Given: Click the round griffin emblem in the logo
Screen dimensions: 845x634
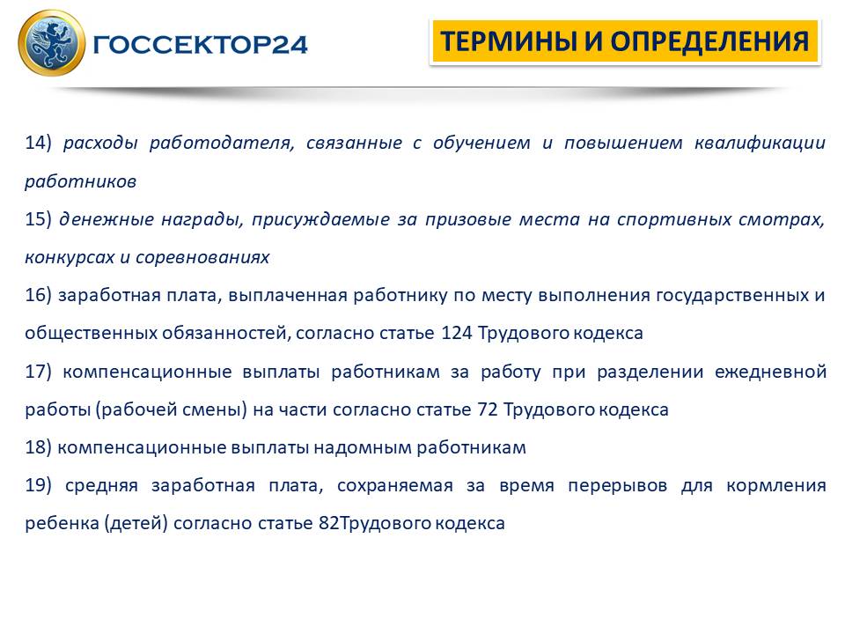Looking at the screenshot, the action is [52, 42].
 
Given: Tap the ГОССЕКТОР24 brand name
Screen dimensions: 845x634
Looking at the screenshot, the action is [200, 45].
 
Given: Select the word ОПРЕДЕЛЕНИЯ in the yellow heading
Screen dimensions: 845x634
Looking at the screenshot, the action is [709, 41].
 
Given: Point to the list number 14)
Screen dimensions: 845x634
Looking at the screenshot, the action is [38, 143].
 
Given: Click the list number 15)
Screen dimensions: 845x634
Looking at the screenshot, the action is [38, 219].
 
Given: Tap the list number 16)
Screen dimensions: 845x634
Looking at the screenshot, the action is [38, 296].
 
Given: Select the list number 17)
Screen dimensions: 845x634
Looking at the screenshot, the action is [38, 372].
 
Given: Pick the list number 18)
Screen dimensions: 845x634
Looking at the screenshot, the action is [38, 447].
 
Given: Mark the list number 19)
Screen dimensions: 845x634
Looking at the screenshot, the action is [38, 486].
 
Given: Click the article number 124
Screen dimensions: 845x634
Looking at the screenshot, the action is [457, 333].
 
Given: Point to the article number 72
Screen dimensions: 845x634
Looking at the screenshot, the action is [487, 409].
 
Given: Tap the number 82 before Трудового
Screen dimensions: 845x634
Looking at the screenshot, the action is [328, 523].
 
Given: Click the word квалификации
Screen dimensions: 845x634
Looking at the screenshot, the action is [760, 144].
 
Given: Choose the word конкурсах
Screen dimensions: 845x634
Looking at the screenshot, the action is [70, 258].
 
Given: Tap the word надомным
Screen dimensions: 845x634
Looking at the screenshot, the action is [362, 448].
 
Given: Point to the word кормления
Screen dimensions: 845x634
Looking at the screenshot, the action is [776, 486].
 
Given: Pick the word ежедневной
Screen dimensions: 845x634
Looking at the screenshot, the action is [770, 372].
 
